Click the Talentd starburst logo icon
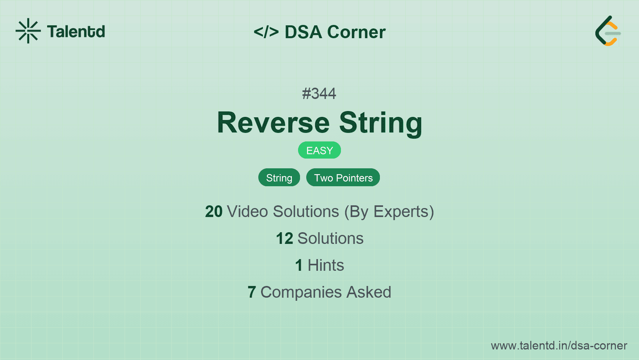tap(28, 31)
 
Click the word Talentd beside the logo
tap(76, 32)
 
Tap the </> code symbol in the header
tap(266, 32)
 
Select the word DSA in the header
tap(303, 32)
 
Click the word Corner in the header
tap(356, 32)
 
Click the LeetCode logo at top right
tap(608, 31)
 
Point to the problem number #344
tap(319, 94)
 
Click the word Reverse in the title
tap(273, 123)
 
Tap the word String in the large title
tap(381, 123)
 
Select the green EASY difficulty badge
tap(319, 150)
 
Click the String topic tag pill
tap(279, 178)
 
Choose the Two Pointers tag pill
tap(343, 178)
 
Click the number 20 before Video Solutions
tap(214, 212)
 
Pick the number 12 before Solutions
tap(284, 238)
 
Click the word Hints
tap(326, 265)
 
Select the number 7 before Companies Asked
tap(252, 292)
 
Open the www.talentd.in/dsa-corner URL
tap(559, 346)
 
